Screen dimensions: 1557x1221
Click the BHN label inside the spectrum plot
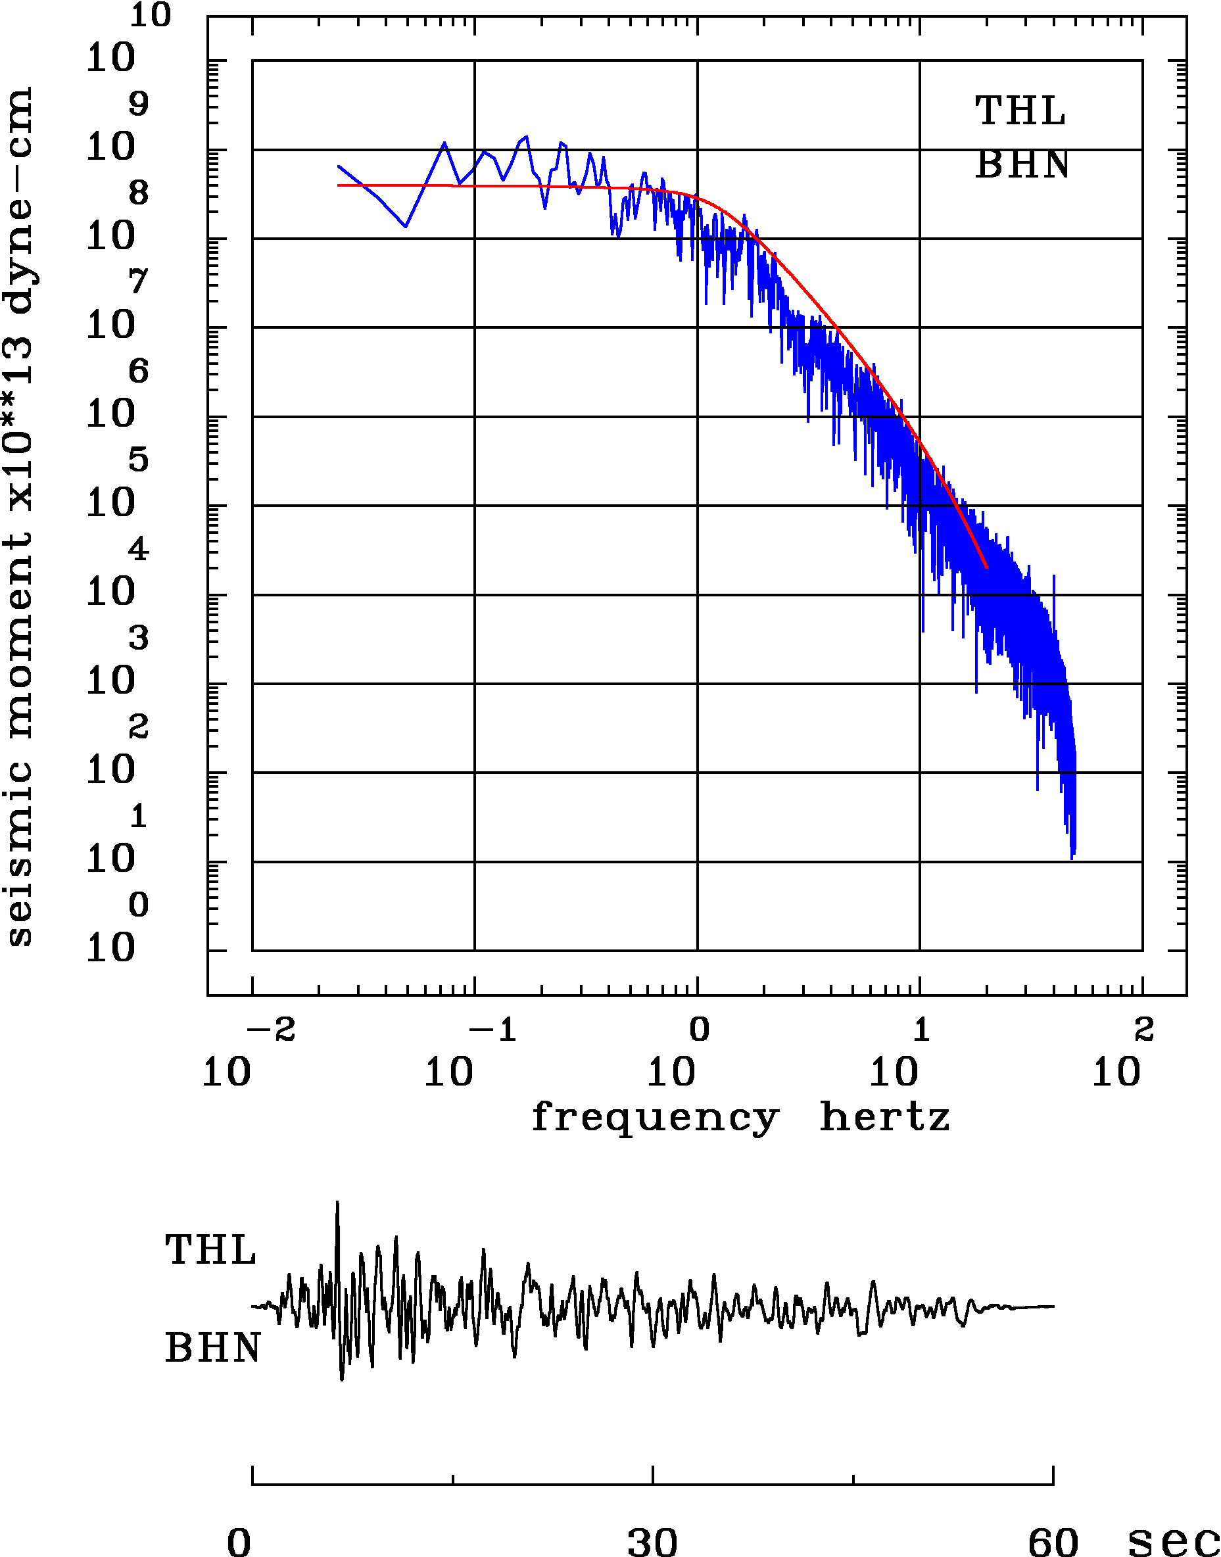click(x=1022, y=165)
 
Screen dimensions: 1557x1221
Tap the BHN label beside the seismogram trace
click(x=212, y=1349)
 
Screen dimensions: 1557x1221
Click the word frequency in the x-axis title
click(x=654, y=1118)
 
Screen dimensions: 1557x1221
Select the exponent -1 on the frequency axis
click(x=492, y=1030)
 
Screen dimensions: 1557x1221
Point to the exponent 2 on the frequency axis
click(x=1144, y=1030)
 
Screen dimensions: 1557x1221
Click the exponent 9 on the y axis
click(x=139, y=105)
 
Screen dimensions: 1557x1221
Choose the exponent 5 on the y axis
click(x=139, y=460)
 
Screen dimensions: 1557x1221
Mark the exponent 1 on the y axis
click(x=139, y=817)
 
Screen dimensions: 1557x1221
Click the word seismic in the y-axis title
click(x=20, y=854)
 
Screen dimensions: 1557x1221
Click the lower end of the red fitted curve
click(x=986, y=567)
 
